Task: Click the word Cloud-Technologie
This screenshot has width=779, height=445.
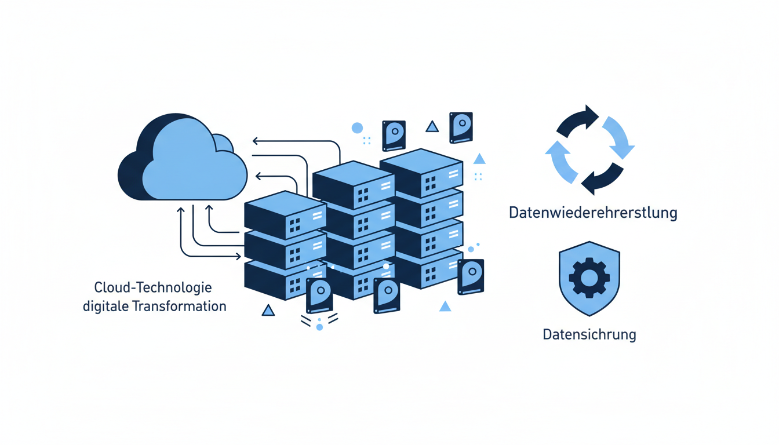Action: pos(153,288)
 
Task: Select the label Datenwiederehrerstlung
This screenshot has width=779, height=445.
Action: pos(592,213)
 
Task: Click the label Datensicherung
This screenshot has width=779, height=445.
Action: pos(589,335)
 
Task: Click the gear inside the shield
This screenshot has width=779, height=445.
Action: pos(589,278)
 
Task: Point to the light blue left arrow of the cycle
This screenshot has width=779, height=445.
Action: pos(560,163)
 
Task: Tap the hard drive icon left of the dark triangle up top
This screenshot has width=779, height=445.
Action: pos(394,136)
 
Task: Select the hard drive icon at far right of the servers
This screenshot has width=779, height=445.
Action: pos(470,276)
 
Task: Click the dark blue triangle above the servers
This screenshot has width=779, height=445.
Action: pos(432,127)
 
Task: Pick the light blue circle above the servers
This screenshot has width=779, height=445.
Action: pos(357,128)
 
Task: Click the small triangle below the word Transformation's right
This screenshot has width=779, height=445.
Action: pos(268,311)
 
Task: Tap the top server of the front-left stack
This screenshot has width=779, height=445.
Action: pos(285,212)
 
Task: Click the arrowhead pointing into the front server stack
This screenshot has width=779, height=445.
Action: pos(238,256)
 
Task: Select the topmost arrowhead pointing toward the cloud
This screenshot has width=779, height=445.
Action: pos(256,141)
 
